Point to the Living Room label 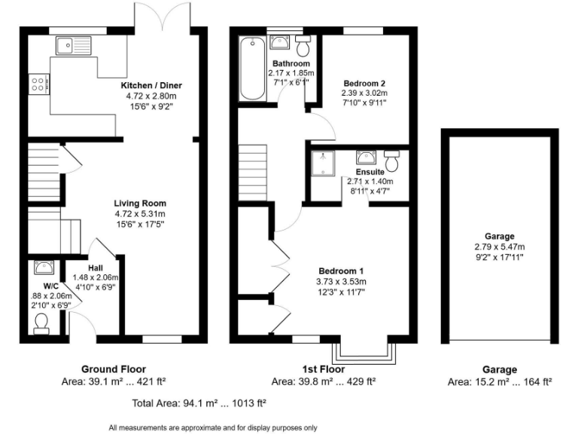point(140,203)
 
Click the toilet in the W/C point(41,322)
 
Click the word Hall point(95,267)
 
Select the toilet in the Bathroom point(303,47)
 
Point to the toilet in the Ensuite point(391,160)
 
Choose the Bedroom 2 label point(364,83)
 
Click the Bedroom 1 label point(341,271)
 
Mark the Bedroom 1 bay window point(365,351)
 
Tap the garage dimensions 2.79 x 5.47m point(500,247)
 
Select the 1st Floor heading point(323,369)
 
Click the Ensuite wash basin point(367,157)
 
